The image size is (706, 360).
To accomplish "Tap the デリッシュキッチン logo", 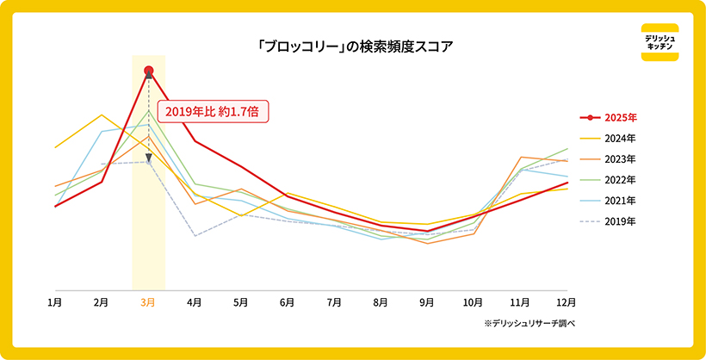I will click(660, 42).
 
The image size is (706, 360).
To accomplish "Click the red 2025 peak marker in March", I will click(149, 70).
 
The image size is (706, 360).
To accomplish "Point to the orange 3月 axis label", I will click(148, 302).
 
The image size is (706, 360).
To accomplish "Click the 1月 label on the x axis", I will click(54, 302).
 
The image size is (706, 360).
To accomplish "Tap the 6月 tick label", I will click(288, 302).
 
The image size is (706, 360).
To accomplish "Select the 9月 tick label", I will click(427, 302).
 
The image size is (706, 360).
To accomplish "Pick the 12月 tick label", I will click(566, 302).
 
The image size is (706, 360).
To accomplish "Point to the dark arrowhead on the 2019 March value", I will click(149, 158).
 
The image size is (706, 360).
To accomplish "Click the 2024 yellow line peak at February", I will click(102, 115).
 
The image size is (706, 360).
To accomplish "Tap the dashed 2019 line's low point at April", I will click(195, 236).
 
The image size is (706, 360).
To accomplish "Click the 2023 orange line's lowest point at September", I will click(427, 244).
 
